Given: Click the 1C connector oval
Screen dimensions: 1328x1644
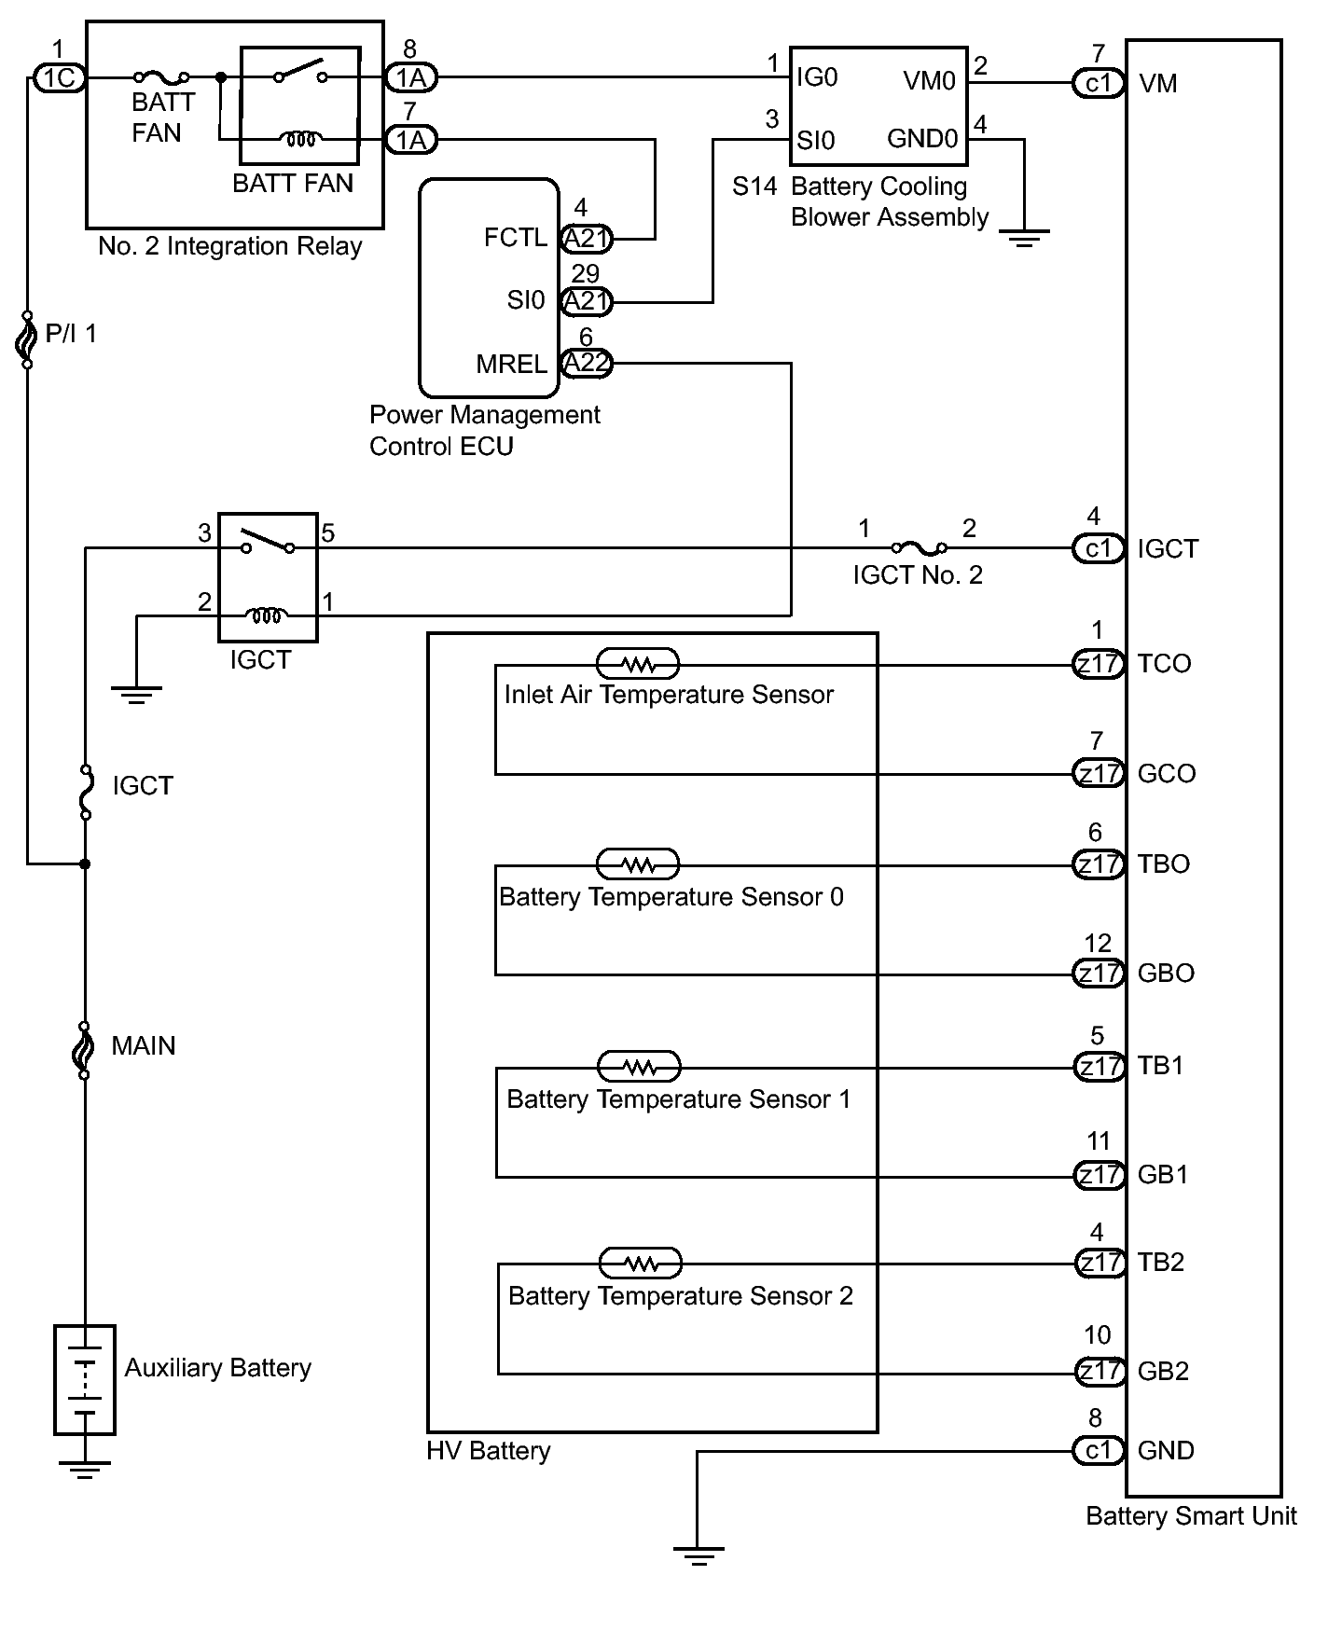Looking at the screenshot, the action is [60, 77].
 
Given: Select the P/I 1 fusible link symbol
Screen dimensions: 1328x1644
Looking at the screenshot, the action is [27, 339].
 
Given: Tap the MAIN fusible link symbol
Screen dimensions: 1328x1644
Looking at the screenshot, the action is [84, 1050].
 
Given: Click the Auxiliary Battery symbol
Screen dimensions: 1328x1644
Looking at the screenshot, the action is [85, 1379].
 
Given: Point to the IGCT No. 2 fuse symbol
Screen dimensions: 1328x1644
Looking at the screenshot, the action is [919, 548].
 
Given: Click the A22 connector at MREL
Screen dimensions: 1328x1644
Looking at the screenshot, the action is [587, 364].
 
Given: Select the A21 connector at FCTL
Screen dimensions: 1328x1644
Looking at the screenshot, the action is [587, 240].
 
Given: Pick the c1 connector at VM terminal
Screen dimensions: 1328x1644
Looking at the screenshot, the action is [1099, 83].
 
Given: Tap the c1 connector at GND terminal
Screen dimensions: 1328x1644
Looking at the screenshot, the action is [1099, 1450].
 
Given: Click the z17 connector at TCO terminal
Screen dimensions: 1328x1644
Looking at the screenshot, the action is [1099, 665].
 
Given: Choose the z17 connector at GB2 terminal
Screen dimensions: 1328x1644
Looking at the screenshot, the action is [1100, 1372].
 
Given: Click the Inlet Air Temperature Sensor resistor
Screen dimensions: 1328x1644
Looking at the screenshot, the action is [638, 664].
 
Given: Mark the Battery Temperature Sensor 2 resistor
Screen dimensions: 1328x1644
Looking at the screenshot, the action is [641, 1263].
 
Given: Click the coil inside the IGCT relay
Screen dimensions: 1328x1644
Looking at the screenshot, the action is [268, 615].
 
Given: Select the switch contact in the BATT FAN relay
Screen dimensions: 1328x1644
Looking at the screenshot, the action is [300, 73].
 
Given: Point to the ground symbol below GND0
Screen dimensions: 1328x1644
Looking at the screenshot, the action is [1024, 239].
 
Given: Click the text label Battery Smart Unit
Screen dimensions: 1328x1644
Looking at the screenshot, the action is [1191, 1515].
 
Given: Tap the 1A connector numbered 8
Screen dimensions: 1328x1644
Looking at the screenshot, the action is [411, 77].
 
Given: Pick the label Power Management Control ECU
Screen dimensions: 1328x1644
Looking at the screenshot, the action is [485, 430].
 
